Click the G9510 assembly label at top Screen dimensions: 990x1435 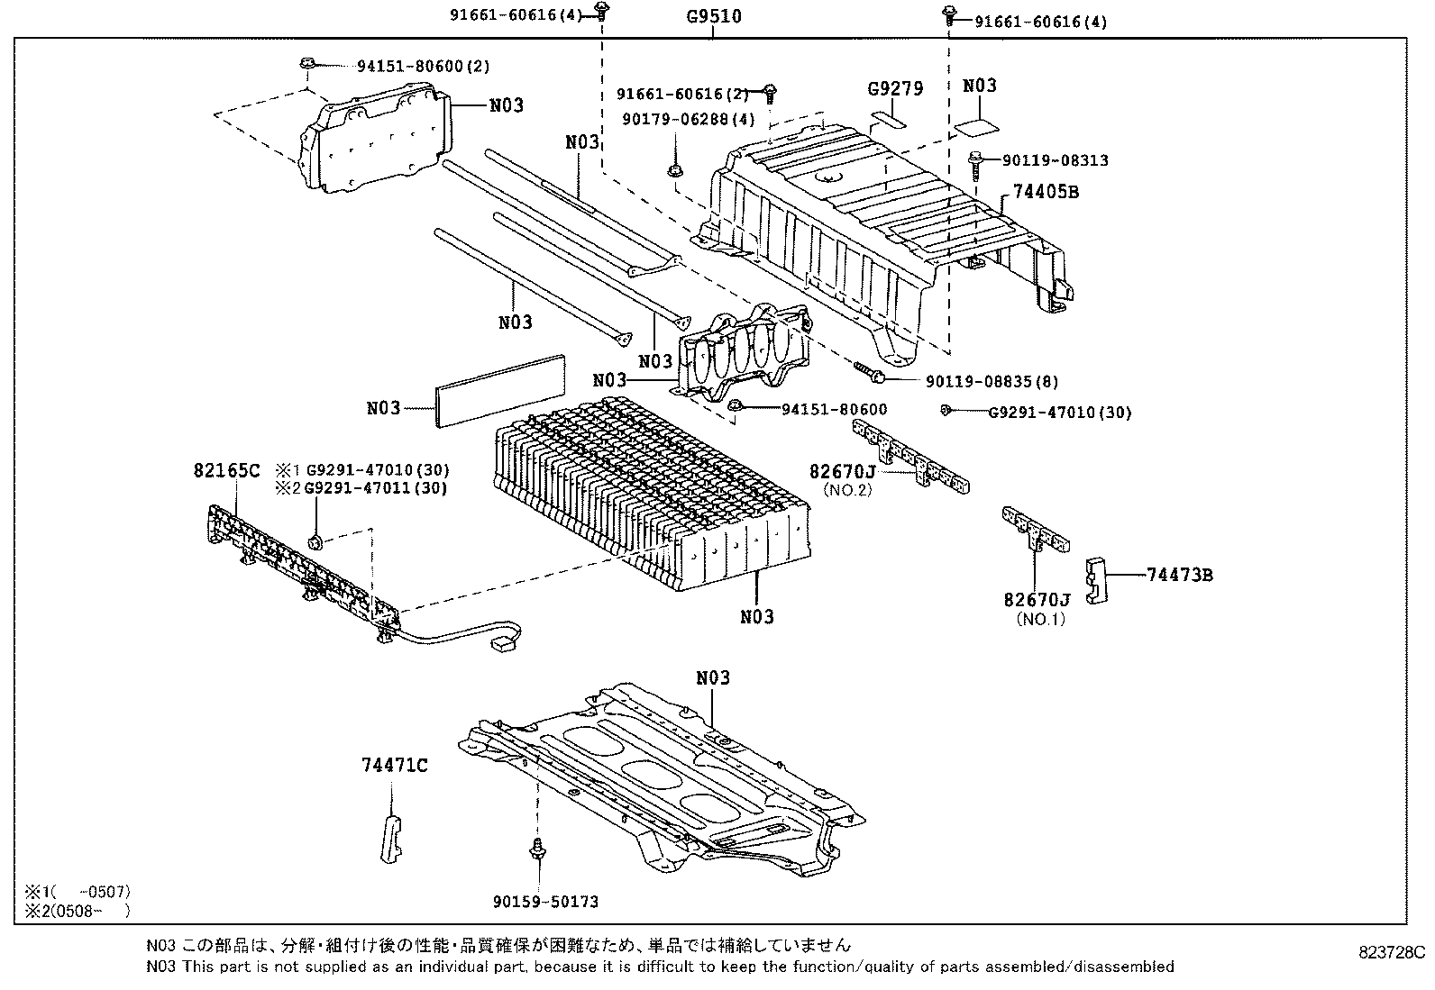[x=712, y=16]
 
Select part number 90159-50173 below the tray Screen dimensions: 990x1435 [x=545, y=901]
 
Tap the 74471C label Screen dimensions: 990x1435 [x=394, y=766]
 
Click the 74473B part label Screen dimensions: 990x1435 [x=1179, y=575]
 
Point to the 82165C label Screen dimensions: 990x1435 [x=225, y=470]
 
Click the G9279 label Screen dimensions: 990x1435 [x=895, y=88]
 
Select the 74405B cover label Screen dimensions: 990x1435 [x=1046, y=192]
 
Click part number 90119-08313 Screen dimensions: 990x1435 [x=1055, y=160]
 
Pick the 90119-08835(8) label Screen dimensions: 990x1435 [x=992, y=381]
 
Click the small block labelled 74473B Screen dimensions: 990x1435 [x=1097, y=580]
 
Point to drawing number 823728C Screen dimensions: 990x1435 [x=1392, y=952]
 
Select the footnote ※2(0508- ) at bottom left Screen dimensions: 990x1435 [x=78, y=910]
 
